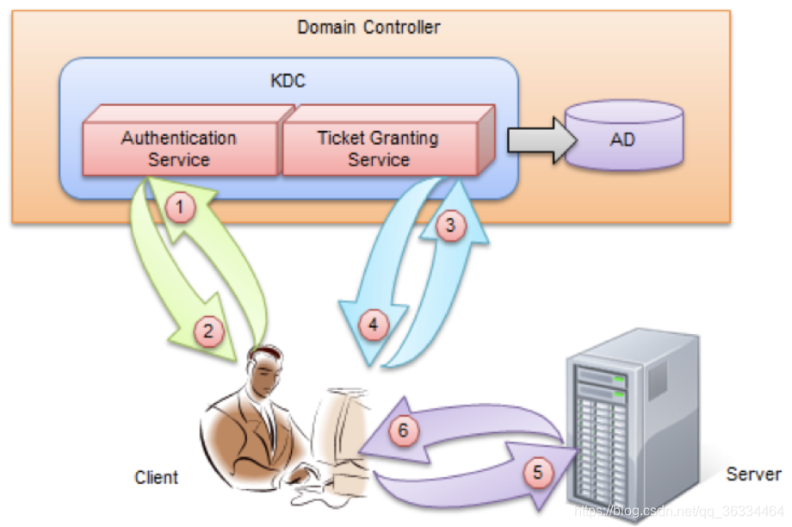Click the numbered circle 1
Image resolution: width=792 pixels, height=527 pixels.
pyautogui.click(x=178, y=207)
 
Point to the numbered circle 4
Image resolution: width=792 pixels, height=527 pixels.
pyautogui.click(x=373, y=325)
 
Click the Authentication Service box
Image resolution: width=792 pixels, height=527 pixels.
pyautogui.click(x=179, y=149)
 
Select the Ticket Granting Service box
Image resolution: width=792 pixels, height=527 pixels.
pyautogui.click(x=379, y=149)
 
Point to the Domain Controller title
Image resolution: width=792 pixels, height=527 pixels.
pyautogui.click(x=368, y=28)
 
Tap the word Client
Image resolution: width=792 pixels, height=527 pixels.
pyautogui.click(x=157, y=477)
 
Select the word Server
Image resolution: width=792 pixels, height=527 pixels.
pyautogui.click(x=753, y=474)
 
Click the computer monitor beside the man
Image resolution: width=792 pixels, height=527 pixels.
pyautogui.click(x=340, y=431)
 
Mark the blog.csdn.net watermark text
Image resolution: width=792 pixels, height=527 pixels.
pyautogui.click(x=679, y=511)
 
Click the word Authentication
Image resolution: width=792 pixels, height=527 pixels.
pyautogui.click(x=179, y=138)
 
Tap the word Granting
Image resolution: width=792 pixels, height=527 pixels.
pyautogui.click(x=403, y=138)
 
